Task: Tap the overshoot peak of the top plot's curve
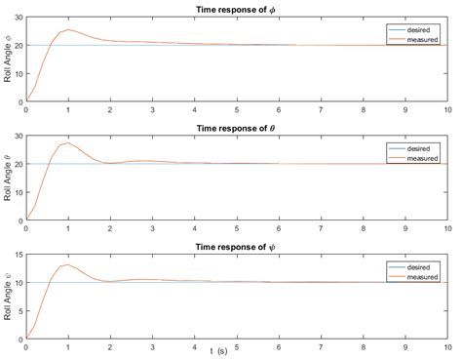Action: click(68, 29)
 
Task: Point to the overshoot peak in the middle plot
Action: click(68, 142)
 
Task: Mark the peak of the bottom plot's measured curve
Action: click(68, 263)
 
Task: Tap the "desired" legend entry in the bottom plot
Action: click(412, 265)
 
